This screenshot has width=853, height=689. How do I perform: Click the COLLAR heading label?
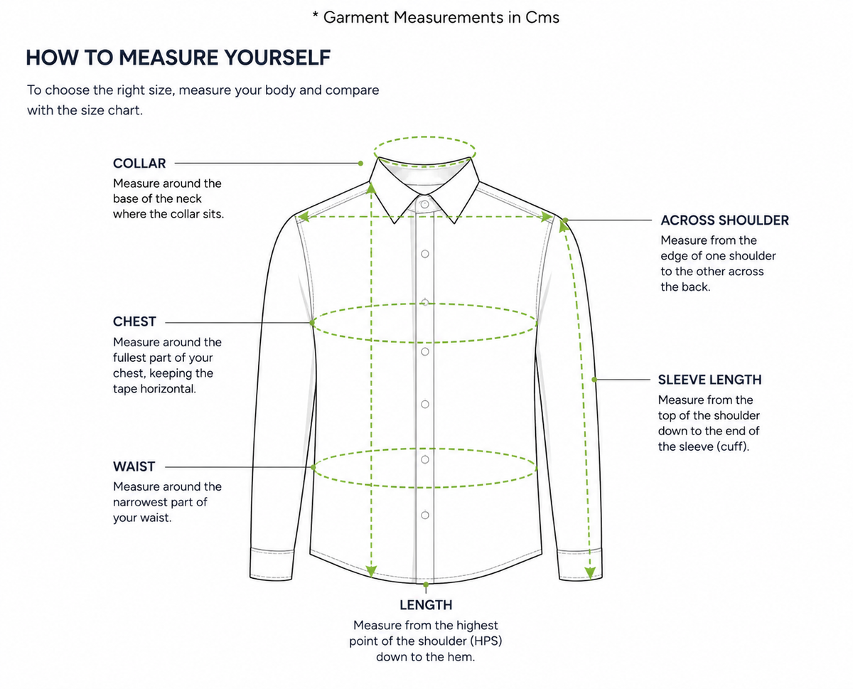pos(139,164)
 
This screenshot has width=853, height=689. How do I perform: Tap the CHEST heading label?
pos(134,321)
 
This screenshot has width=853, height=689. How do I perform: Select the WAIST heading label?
pos(134,466)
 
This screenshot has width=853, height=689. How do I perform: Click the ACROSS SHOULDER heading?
pos(725,220)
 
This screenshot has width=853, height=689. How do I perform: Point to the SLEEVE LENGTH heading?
pos(710,380)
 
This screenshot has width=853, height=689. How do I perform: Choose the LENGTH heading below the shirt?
pos(426,605)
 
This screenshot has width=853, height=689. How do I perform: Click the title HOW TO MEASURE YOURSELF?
pos(178,58)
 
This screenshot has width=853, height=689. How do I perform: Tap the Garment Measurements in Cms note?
pos(436,18)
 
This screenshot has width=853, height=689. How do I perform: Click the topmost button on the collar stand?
pos(425,205)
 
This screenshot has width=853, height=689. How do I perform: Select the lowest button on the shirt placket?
pos(425,515)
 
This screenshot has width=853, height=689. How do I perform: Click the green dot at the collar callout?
pos(361,164)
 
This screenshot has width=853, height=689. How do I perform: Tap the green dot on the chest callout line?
pos(313,323)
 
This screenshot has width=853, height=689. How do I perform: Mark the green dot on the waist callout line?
pos(313,467)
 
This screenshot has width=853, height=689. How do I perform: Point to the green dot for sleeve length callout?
pos(595,380)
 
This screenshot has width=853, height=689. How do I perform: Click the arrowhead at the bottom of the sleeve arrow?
pos(590,573)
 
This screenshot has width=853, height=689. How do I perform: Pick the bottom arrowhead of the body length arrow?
pos(371,571)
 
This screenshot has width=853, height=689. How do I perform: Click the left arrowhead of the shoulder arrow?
pos(304,217)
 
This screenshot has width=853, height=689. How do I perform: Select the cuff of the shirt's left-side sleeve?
pos(272,564)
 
